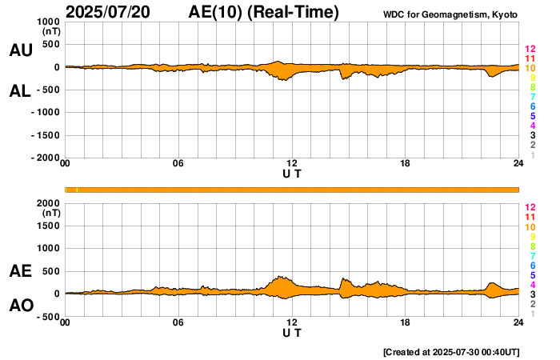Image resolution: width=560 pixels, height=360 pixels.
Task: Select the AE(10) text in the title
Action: point(263,13)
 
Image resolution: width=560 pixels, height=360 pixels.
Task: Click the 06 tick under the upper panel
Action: point(178,165)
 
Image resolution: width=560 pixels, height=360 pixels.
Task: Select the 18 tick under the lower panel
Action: point(406,323)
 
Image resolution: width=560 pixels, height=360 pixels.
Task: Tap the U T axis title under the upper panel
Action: point(292,174)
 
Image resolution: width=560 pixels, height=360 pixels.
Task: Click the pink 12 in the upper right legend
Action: point(530,50)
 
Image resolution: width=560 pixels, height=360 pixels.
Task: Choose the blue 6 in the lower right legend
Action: point(532,265)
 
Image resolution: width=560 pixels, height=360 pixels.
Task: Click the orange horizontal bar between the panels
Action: point(292,189)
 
